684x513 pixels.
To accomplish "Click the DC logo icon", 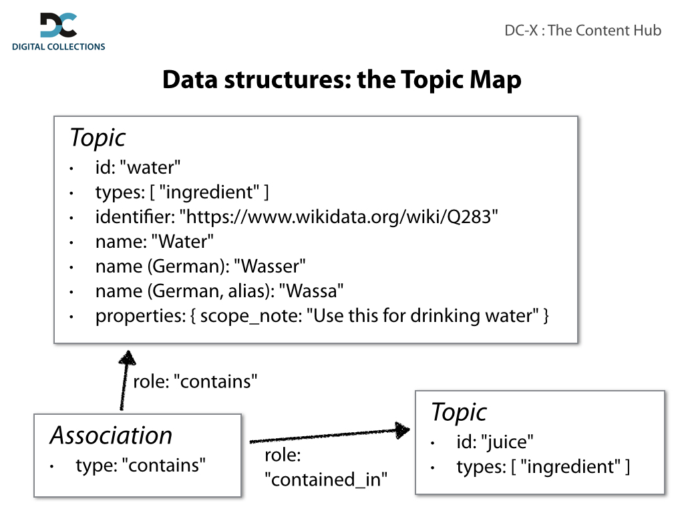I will point(58,25).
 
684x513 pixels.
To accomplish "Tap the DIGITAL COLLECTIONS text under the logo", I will point(59,47).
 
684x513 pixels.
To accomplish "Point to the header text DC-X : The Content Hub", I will point(582,30).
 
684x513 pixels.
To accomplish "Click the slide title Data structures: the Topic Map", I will point(341,80).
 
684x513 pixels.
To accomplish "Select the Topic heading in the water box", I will point(98,138).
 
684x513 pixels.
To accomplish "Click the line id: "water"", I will point(138,168).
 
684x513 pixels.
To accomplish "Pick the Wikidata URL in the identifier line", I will point(341,217).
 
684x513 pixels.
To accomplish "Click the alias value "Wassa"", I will point(311,291).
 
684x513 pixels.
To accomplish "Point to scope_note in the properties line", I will point(250,316).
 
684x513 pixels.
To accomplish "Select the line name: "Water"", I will point(154,242).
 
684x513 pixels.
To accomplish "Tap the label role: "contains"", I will point(195,381).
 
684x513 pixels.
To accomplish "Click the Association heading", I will point(111,436).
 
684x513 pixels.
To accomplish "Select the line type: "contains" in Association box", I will point(141,465).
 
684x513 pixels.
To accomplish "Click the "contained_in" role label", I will point(326,479).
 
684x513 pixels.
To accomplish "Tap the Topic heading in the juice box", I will point(459,412).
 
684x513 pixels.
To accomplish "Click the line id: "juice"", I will point(496,442).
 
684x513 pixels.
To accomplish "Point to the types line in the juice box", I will point(542,467).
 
